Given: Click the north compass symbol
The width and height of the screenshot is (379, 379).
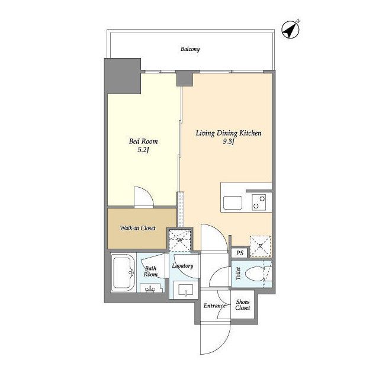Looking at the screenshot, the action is click(x=291, y=30).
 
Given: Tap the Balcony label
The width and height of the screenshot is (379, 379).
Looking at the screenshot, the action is click(x=190, y=49).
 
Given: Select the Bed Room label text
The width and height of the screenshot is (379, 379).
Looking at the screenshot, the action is click(x=143, y=141).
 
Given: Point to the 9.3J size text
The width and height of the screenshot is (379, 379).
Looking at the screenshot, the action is click(x=229, y=142).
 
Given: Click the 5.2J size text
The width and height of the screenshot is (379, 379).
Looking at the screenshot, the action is click(x=143, y=150).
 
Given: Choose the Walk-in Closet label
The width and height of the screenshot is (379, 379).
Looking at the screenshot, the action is click(x=137, y=228).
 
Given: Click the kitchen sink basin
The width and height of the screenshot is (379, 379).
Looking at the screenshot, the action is click(x=233, y=203).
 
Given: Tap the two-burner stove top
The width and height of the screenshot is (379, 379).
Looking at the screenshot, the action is click(x=259, y=202).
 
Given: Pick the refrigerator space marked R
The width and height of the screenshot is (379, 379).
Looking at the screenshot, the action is click(x=260, y=246).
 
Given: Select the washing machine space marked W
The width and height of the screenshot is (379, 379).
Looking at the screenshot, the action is click(x=180, y=240).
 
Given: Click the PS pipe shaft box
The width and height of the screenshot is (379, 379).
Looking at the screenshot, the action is click(x=239, y=253).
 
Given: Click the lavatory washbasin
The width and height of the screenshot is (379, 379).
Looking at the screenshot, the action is click(x=185, y=290).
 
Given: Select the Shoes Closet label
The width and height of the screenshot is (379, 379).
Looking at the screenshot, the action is click(x=243, y=304).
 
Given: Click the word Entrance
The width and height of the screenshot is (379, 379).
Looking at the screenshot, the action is click(x=214, y=306).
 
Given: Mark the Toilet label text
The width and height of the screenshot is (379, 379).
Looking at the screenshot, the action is click(x=238, y=274).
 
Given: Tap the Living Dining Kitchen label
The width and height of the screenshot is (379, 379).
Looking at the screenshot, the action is click(x=229, y=133).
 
